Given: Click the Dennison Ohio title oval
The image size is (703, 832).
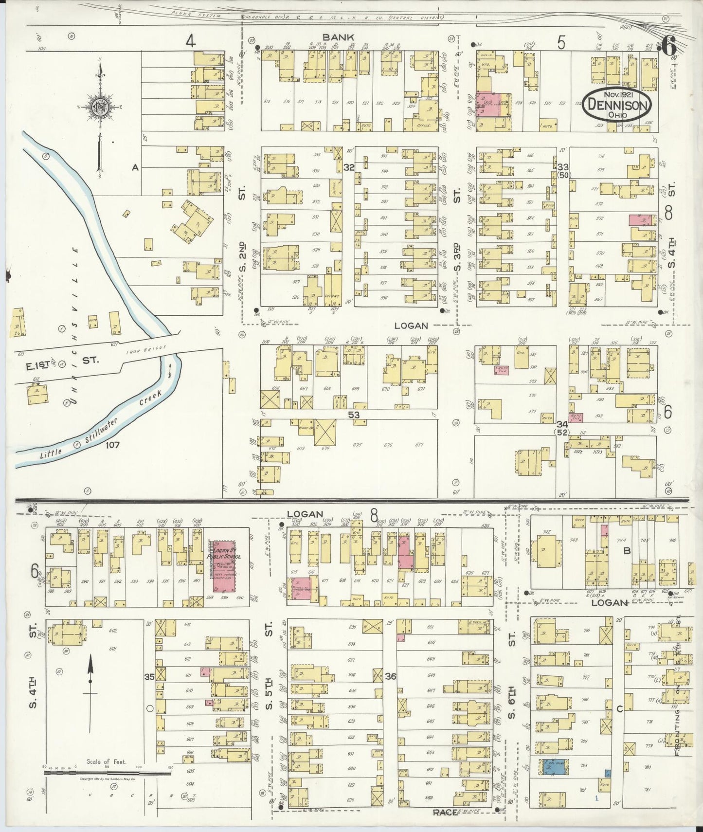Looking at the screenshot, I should tap(617, 105).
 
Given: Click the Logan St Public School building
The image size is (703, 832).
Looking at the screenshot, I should tap(223, 565).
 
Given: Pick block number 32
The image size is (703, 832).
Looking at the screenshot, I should tap(348, 167).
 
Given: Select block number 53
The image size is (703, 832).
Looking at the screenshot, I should tap(353, 415).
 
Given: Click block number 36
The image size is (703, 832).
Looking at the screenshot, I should tap(390, 676).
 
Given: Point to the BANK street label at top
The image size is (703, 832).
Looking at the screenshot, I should tap(338, 37).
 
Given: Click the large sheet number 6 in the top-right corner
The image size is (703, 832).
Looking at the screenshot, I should tap(669, 48).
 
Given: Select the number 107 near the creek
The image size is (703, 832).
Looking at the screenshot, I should tap(110, 444).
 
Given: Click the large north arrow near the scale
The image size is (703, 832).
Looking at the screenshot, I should tap(90, 691).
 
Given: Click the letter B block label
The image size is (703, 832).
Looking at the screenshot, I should tap(627, 551).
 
